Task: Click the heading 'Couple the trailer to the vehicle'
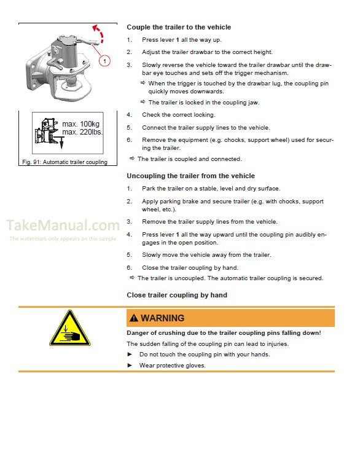(178, 27)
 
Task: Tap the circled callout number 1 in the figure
(105, 61)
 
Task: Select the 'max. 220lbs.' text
(83, 132)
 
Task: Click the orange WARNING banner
(230, 318)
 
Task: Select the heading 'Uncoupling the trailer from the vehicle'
(190, 176)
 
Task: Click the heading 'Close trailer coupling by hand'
(177, 295)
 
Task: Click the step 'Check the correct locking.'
(178, 115)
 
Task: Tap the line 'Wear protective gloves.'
(172, 366)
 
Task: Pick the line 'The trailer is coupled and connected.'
(189, 159)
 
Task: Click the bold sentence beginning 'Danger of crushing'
(223, 332)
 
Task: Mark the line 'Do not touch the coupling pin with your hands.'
(204, 355)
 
